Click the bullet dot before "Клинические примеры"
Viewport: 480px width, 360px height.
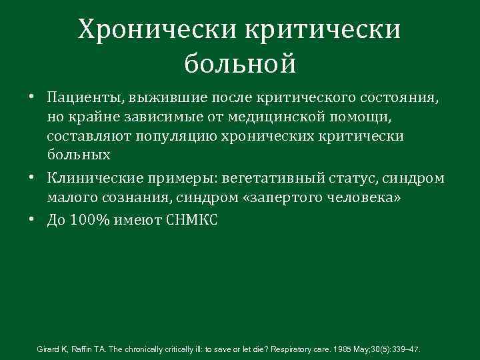pos(33,179)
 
